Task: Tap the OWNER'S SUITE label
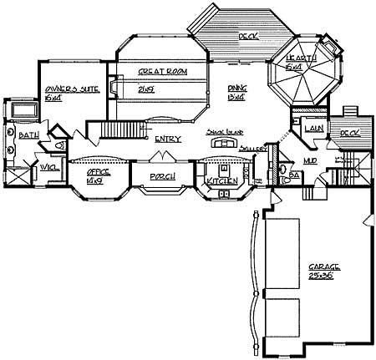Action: [65, 89]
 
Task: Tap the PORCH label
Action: [161, 177]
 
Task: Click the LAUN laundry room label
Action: [314, 129]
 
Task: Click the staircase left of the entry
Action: [117, 131]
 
